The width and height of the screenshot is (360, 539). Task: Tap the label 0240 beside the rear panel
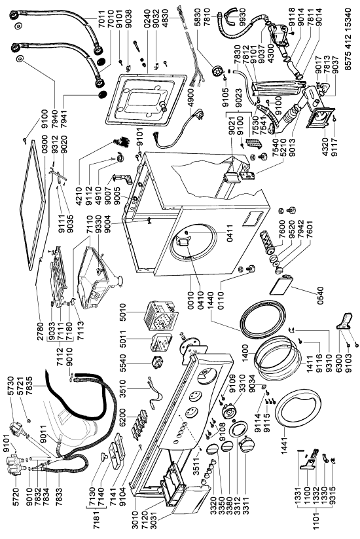point(147,17)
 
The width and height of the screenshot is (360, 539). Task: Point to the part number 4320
point(327,147)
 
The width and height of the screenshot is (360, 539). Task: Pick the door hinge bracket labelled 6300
point(345,322)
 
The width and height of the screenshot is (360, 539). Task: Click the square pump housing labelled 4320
point(321,119)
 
